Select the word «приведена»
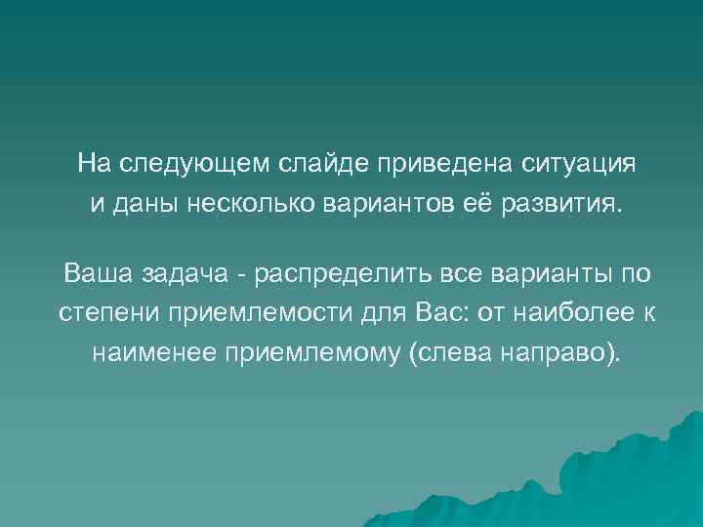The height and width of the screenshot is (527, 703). (414, 162)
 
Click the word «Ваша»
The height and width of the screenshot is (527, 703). (95, 270)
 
